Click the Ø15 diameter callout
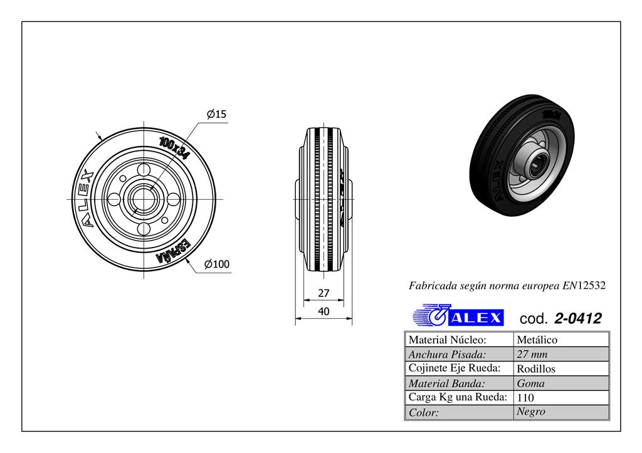(216, 114)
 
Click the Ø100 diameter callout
(217, 264)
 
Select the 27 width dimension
(324, 293)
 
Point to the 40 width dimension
(324, 311)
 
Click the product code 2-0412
(578, 318)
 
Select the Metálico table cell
(537, 340)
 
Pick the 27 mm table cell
(532, 355)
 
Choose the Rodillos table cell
(536, 369)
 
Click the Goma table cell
(530, 383)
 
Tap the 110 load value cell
(525, 398)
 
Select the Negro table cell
(531, 412)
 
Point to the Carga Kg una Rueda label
(457, 397)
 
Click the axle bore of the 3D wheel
(535, 167)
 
